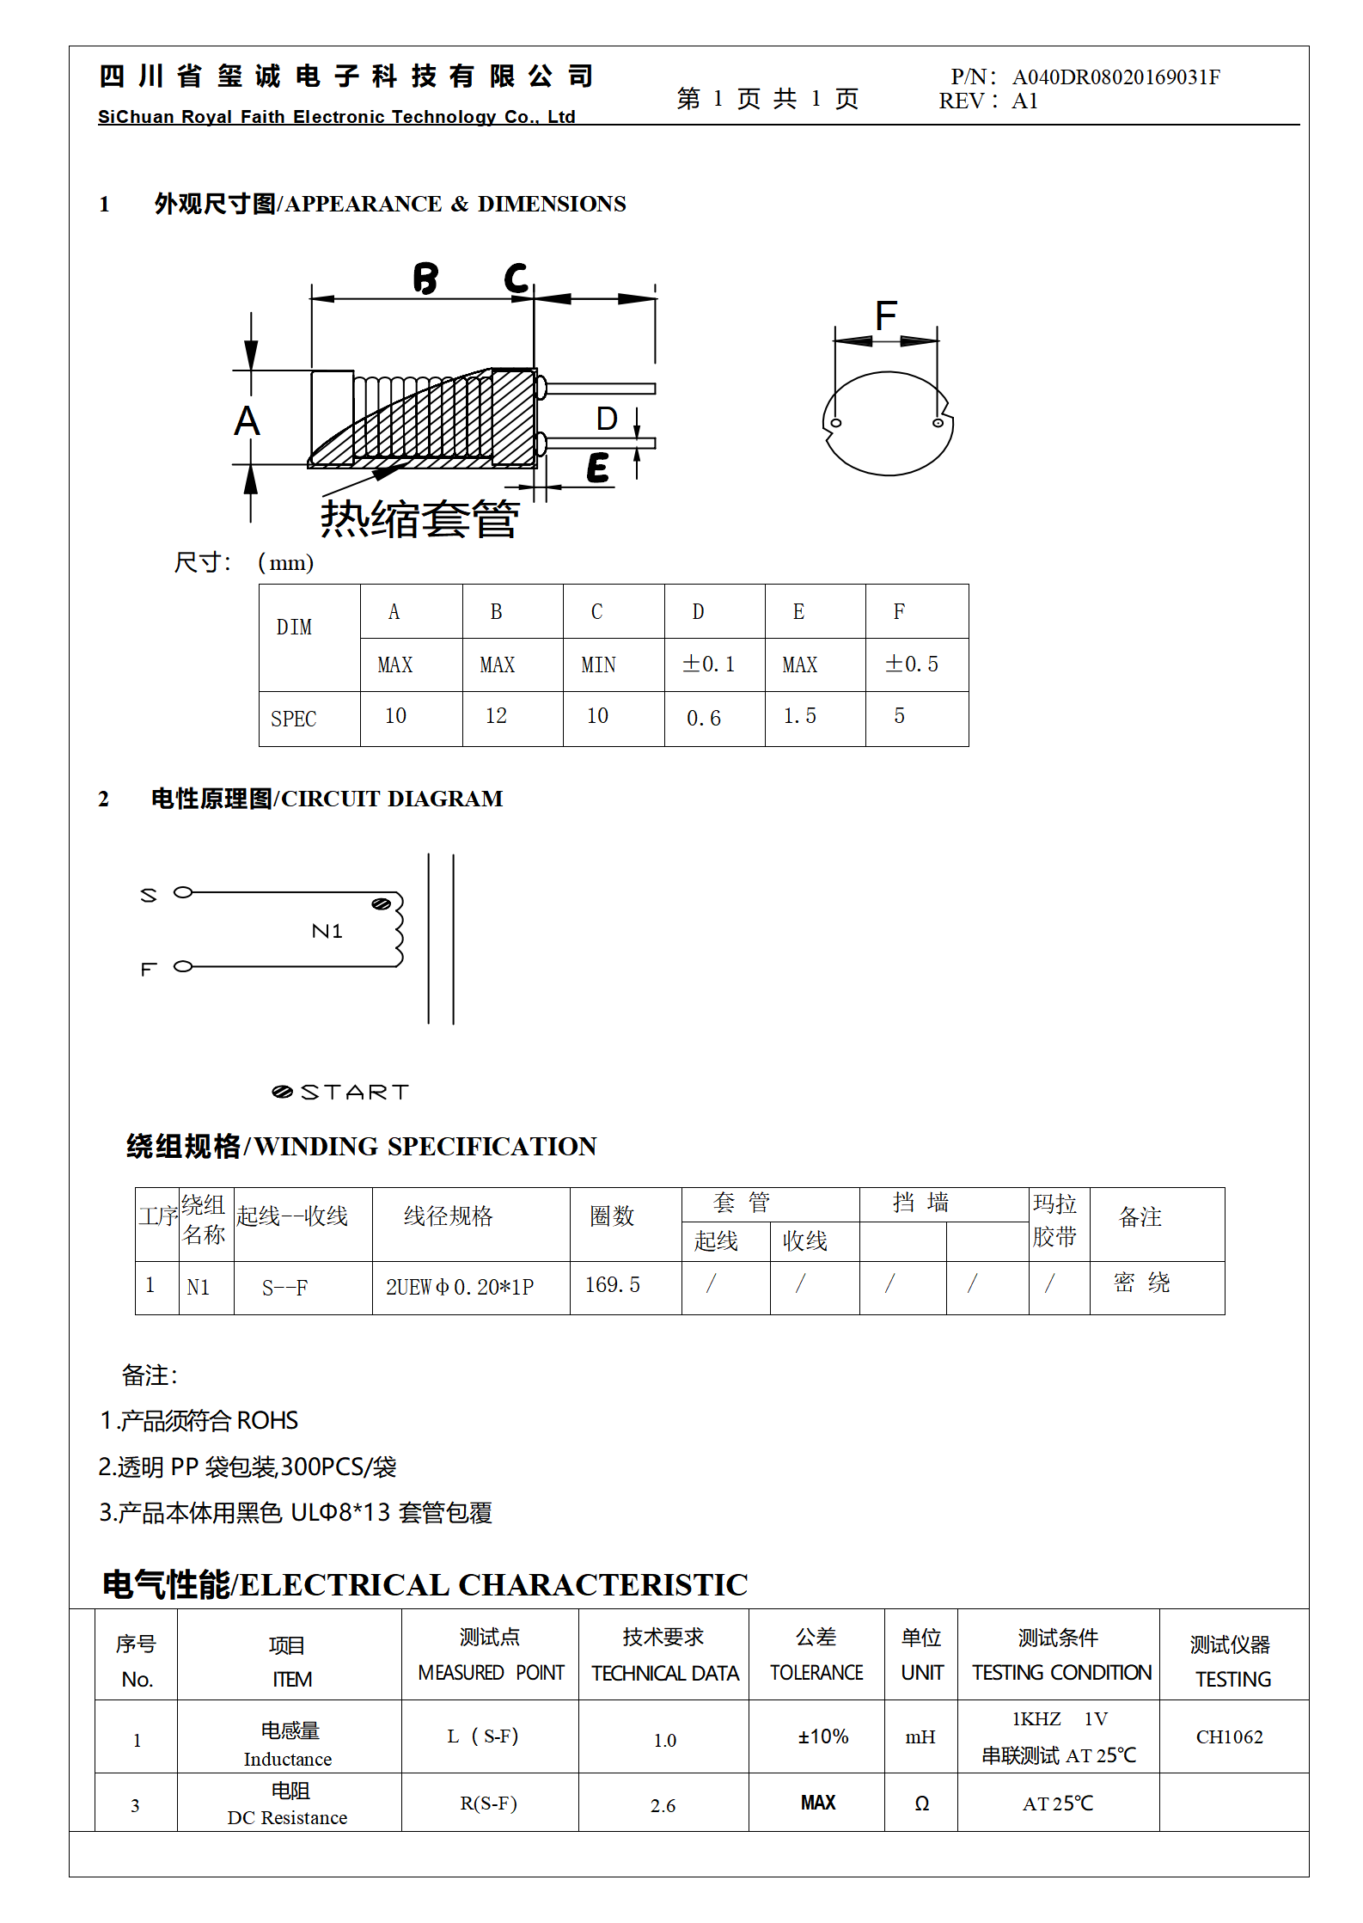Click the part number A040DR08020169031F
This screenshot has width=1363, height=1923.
coord(1115,77)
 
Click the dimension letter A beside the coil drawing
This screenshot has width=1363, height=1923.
coord(247,421)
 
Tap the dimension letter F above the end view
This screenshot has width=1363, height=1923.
coord(886,315)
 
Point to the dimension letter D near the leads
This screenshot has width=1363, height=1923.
coord(607,419)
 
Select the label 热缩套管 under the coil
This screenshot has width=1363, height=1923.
coord(419,519)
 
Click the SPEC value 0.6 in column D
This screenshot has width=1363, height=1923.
coord(704,719)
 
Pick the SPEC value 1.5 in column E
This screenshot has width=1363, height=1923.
coord(799,716)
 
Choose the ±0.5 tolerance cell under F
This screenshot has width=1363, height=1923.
coord(912,664)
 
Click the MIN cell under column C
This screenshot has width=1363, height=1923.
coord(598,664)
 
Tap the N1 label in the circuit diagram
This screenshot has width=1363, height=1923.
coord(327,931)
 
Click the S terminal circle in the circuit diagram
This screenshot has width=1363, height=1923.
coord(183,892)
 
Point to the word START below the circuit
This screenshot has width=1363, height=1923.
coord(354,1092)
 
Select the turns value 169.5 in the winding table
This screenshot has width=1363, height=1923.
coord(613,1285)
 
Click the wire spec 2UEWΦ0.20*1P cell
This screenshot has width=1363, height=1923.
coord(460,1287)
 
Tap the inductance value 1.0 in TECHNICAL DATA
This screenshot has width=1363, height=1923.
coord(664,1741)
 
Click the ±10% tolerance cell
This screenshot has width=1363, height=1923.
coord(822,1736)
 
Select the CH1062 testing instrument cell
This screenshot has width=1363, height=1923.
coord(1229,1736)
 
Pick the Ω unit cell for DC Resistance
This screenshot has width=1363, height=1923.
coord(921,1804)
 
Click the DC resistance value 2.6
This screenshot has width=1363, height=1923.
coord(663,1805)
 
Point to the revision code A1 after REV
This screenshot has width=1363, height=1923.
coord(1024,101)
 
